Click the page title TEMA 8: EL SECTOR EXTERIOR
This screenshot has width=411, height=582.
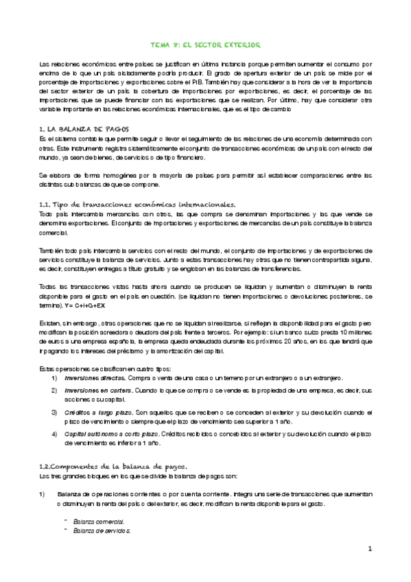click(205, 45)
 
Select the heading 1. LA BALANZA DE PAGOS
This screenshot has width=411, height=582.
click(80, 129)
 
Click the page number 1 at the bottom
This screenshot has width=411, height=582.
click(369, 549)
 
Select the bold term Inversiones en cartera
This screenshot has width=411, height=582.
click(93, 391)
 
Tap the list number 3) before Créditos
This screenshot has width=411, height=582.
click(55, 412)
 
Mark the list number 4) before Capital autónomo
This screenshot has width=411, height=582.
click(55, 433)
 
